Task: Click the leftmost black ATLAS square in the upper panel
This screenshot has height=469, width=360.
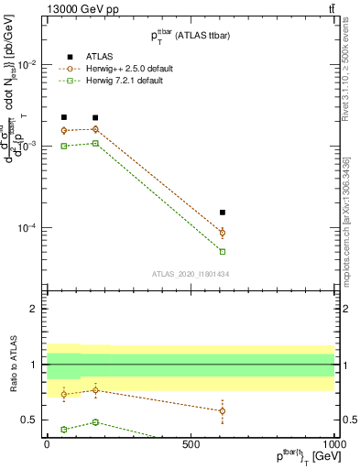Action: click(x=63, y=117)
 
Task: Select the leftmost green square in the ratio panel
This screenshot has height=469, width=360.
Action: click(x=63, y=429)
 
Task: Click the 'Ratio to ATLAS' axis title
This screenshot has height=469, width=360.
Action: click(x=13, y=365)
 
